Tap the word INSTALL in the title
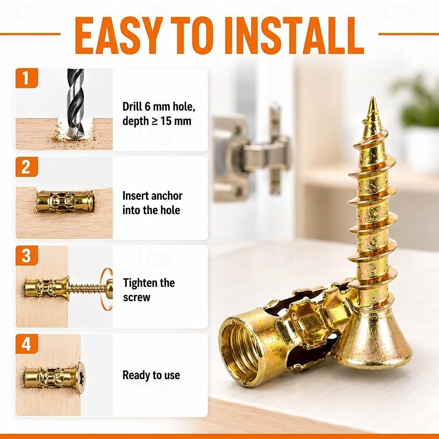coord(298,36)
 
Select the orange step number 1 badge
coord(27,78)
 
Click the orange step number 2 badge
coord(27,167)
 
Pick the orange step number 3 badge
coord(27,255)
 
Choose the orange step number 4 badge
coord(27,344)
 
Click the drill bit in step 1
coord(75,104)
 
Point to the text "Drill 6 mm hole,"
coord(159,107)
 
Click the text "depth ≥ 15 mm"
coord(157,121)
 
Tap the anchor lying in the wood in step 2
coord(65,202)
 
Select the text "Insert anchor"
coord(153,196)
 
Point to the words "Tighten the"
coord(149,283)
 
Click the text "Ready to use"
coord(151,375)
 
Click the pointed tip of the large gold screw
coord(373,98)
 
